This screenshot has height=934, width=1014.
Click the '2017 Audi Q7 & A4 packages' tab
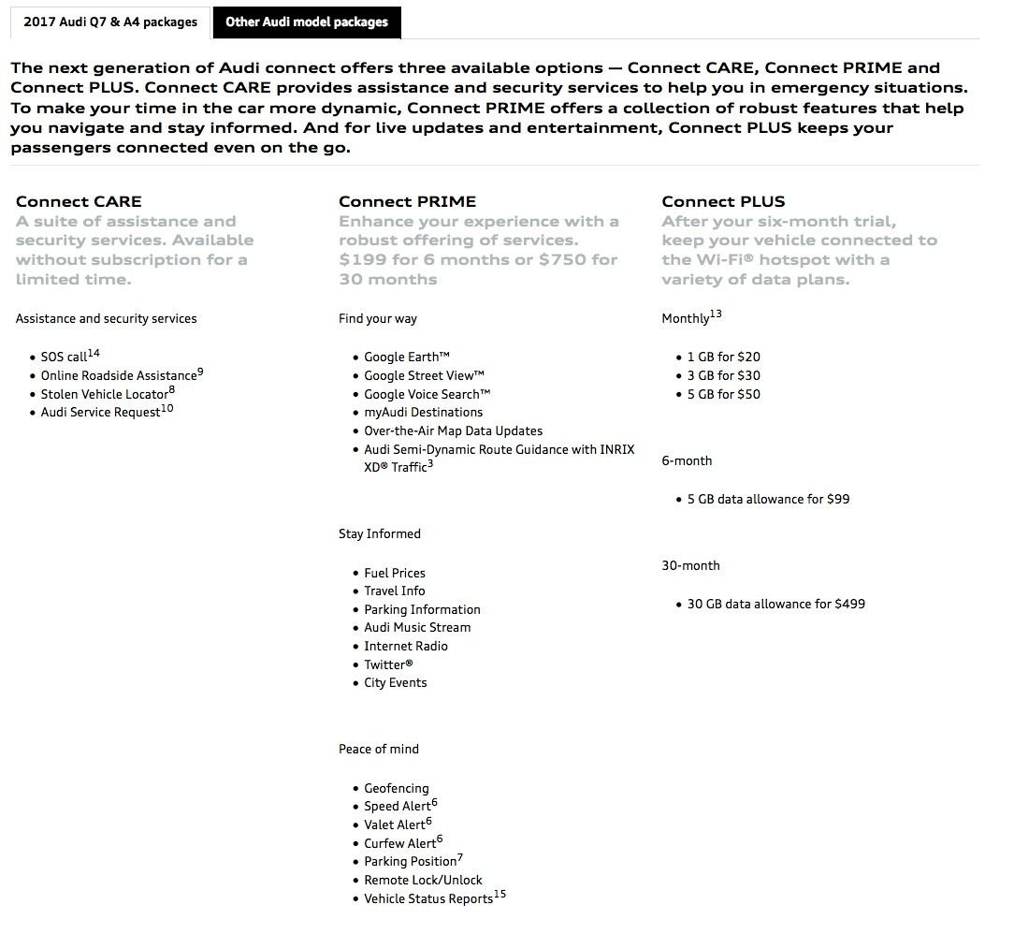pyautogui.click(x=109, y=22)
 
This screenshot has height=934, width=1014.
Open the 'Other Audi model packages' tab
pyautogui.click(x=307, y=22)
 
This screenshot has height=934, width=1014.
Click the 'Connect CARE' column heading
pyautogui.click(x=79, y=201)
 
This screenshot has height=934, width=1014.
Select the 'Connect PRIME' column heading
pyautogui.click(x=407, y=201)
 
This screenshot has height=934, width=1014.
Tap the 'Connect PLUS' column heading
pyautogui.click(x=723, y=201)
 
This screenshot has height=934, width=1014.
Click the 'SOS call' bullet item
pyautogui.click(x=64, y=358)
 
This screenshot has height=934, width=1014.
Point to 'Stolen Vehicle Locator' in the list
pyautogui.click(x=104, y=394)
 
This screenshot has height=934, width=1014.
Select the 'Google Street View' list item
pyautogui.click(x=424, y=376)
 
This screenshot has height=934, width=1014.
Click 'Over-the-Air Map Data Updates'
pyautogui.click(x=453, y=431)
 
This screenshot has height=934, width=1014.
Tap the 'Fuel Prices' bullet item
pyautogui.click(x=394, y=573)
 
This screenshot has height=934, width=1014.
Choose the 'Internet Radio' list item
pyautogui.click(x=405, y=647)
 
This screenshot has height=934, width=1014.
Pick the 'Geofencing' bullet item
pyautogui.click(x=396, y=789)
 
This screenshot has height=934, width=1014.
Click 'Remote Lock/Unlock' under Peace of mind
pyautogui.click(x=423, y=881)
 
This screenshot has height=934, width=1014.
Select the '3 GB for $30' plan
pyautogui.click(x=723, y=376)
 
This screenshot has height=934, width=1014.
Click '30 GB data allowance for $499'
pyautogui.click(x=775, y=605)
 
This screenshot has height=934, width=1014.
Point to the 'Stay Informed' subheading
pyautogui.click(x=380, y=534)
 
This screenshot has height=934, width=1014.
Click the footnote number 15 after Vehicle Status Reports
pyautogui.click(x=500, y=895)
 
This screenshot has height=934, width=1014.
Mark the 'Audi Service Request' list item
pyautogui.click(x=100, y=413)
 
